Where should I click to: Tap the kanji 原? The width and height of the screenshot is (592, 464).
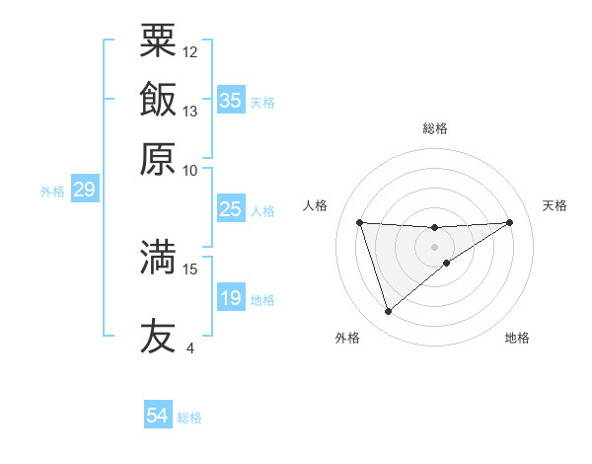pyautogui.click(x=158, y=158)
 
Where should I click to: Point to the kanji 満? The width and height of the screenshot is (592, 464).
pyautogui.click(x=158, y=257)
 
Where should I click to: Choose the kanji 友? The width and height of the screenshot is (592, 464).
pyautogui.click(x=158, y=336)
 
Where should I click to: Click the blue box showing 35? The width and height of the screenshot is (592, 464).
pyautogui.click(x=230, y=101)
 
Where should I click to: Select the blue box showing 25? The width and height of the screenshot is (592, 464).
pyautogui.click(x=230, y=209)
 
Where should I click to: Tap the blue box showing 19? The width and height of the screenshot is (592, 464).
pyautogui.click(x=230, y=298)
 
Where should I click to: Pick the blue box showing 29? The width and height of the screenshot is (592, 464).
pyautogui.click(x=84, y=190)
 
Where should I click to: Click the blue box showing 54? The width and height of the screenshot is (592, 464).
pyautogui.click(x=158, y=416)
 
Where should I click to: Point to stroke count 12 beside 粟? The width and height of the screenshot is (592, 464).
pyautogui.click(x=190, y=50)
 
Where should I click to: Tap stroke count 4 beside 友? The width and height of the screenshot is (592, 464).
pyautogui.click(x=189, y=348)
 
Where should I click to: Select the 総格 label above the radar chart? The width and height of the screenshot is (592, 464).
pyautogui.click(x=434, y=128)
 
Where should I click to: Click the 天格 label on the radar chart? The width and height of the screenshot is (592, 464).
pyautogui.click(x=555, y=205)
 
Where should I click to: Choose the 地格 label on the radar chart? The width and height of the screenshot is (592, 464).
pyautogui.click(x=517, y=338)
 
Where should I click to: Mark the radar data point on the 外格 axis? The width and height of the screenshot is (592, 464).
pyautogui.click(x=388, y=312)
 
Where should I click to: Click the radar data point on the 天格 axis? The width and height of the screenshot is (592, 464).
pyautogui.click(x=509, y=222)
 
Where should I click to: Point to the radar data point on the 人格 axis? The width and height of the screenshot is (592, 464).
pyautogui.click(x=359, y=222)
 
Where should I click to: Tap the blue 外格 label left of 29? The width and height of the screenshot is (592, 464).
pyautogui.click(x=52, y=192)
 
